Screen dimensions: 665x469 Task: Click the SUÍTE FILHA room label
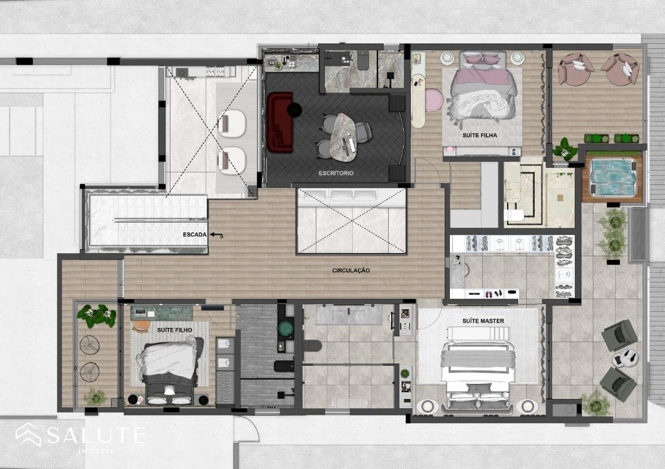click(480, 135)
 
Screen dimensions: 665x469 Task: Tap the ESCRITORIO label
click(336, 173)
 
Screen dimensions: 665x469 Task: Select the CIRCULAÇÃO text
click(351, 270)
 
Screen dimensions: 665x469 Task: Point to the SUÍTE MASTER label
click(483, 321)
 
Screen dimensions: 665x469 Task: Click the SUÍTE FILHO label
click(175, 330)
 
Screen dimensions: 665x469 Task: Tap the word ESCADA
click(194, 234)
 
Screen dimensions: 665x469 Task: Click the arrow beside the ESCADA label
click(217, 235)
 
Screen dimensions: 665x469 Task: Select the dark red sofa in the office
click(280, 122)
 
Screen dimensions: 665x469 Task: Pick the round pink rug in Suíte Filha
click(434, 101)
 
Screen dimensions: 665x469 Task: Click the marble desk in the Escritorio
click(343, 137)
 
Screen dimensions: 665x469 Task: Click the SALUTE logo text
click(96, 435)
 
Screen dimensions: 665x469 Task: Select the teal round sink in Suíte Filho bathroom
click(286, 328)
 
